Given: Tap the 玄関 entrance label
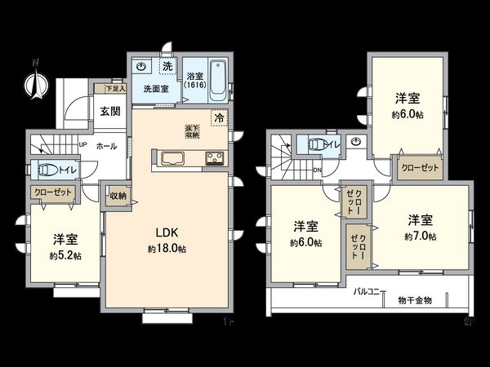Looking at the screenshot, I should [x=110, y=112].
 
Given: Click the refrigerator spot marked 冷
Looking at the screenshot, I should [x=219, y=118].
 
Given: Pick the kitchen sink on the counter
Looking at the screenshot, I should [x=174, y=157].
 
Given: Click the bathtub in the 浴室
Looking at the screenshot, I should [x=218, y=79].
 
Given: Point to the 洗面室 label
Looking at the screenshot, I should [x=155, y=88].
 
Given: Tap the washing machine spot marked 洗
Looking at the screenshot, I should [x=166, y=65].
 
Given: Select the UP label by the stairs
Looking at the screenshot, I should [x=82, y=147].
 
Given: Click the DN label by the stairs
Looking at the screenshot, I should [x=316, y=171].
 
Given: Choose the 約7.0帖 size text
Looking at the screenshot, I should [x=420, y=237].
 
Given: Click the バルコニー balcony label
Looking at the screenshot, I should [x=371, y=290].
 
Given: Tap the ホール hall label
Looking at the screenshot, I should [x=106, y=147].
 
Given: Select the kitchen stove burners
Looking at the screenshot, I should [x=214, y=158].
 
